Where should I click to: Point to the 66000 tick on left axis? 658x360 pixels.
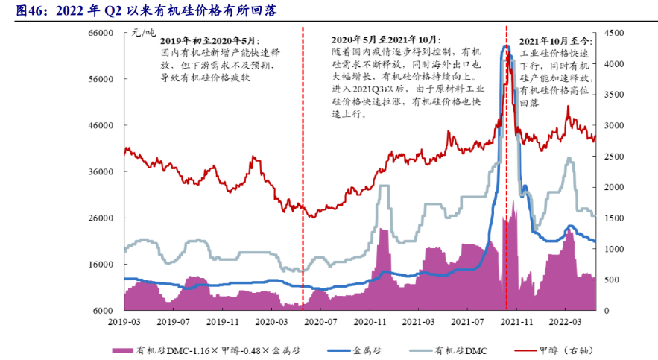click(99, 33)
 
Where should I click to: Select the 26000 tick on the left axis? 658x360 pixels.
click(99, 218)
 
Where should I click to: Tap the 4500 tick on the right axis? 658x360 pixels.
click(616, 33)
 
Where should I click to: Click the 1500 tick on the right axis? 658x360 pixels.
click(616, 218)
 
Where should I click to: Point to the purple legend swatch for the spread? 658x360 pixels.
click(122, 349)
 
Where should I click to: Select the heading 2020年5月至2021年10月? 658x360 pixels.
click(385, 39)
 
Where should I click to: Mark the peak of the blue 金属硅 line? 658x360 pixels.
click(505, 47)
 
